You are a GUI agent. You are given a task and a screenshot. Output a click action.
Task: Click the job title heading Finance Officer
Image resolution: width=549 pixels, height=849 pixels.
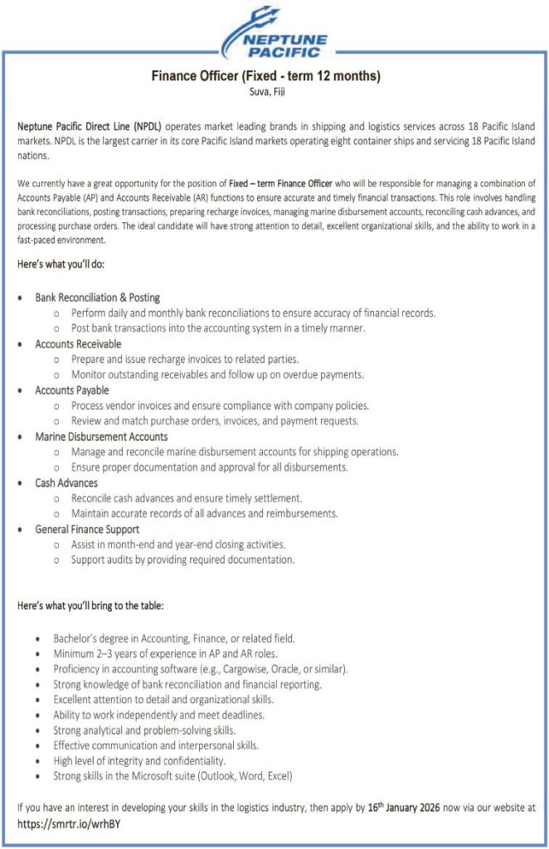click(x=265, y=76)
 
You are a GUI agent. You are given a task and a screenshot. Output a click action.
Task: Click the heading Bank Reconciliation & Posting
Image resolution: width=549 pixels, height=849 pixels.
click(x=97, y=297)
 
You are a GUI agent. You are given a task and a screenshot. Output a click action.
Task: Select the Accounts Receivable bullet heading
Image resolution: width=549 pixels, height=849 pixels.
click(x=78, y=343)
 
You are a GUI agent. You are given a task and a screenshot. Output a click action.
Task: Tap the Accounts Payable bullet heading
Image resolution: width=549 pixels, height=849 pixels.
click(x=72, y=390)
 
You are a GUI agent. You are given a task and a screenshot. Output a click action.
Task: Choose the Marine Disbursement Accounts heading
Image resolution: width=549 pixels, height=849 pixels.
click(x=101, y=436)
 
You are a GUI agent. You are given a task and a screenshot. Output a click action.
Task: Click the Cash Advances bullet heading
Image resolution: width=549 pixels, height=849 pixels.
click(x=66, y=483)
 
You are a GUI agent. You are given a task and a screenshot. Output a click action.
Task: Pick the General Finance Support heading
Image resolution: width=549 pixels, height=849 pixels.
click(x=87, y=529)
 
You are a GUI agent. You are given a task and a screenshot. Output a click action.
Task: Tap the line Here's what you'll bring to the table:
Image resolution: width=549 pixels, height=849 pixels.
click(x=90, y=605)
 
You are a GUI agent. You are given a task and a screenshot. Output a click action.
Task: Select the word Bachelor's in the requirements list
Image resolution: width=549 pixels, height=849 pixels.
click(x=76, y=638)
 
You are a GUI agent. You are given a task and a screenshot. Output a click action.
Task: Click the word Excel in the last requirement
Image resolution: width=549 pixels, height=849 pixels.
click(x=278, y=776)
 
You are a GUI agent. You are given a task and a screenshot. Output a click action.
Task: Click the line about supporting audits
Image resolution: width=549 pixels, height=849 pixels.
click(x=182, y=560)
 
